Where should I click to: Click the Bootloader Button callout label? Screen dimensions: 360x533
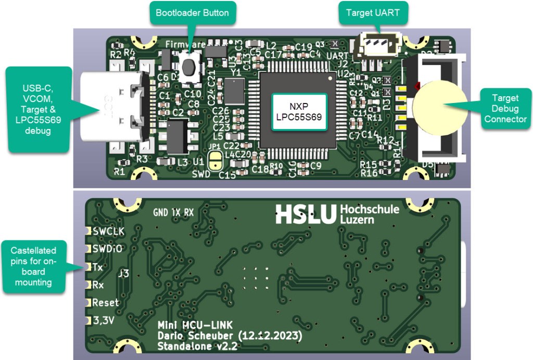(x=189, y=12)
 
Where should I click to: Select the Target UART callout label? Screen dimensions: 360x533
(x=373, y=12)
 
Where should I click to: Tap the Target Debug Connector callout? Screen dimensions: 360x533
(x=505, y=108)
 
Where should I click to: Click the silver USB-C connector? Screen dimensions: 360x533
(x=111, y=107)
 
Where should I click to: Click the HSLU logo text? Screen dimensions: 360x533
(x=306, y=214)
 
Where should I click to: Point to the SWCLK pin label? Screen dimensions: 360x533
(x=108, y=231)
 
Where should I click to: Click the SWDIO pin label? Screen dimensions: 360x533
(x=107, y=249)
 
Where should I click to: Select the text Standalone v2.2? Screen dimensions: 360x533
(x=195, y=347)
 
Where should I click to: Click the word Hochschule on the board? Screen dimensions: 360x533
(x=370, y=209)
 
